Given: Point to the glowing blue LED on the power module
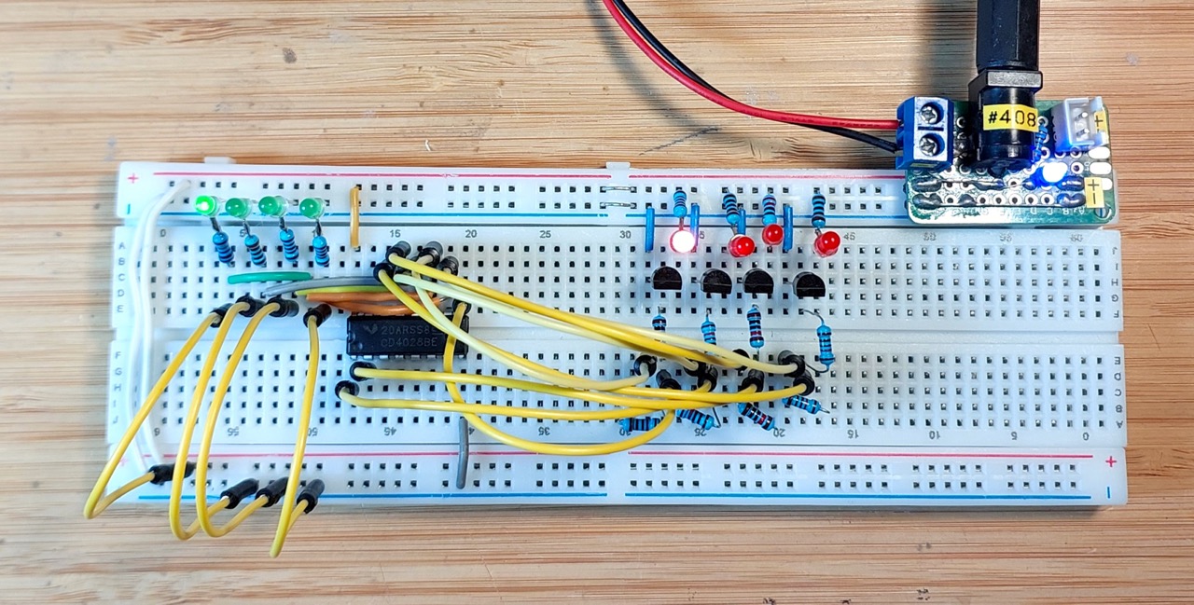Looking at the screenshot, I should pos(1052,172).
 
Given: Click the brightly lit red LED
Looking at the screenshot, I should pos(682,241).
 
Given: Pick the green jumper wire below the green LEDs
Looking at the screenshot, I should pos(270,277).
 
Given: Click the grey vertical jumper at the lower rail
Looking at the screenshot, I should pos(462,453).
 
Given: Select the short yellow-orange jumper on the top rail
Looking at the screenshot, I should pos(354,217).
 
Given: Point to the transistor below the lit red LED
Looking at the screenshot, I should pos(668,278).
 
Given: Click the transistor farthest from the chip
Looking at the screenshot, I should pos(810,284).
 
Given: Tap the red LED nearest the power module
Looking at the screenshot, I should pos(826,244).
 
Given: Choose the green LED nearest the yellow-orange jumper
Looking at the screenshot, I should pos(312,207).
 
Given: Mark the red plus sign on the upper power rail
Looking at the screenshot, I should pos(133,177).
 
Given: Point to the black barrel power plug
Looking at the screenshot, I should pos(1002,56).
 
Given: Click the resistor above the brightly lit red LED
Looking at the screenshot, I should pos(680,207).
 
